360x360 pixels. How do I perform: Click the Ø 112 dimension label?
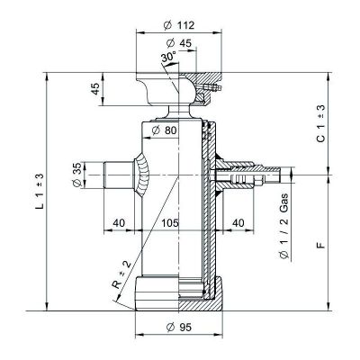pos(179,25)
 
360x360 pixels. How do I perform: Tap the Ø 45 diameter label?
pos(178,43)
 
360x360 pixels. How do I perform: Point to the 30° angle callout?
pos(168,57)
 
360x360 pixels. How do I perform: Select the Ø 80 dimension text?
pos(165,130)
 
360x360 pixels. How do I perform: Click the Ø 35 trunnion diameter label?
pos(77,175)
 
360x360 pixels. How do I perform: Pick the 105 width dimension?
pos(170,223)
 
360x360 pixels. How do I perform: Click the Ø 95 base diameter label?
pos(179,327)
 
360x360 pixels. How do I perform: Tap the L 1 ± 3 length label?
pos(40,191)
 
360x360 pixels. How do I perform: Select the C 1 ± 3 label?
pos(320,123)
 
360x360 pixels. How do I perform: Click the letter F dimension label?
pos(320,246)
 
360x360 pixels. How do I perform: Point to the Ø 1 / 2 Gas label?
pos(283,226)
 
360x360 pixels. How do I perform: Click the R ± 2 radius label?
pos(121,275)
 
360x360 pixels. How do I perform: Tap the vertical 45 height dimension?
pos(95,89)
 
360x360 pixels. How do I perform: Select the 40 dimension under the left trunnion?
pos(119,223)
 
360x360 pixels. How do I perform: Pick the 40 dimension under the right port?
pos(238,223)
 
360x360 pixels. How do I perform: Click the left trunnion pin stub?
pos(119,175)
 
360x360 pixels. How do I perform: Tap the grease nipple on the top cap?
pos(212,87)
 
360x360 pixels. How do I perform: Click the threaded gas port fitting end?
pos(271,175)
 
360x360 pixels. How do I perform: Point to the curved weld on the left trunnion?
pos(141,175)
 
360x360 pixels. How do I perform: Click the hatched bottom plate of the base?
pos(200,304)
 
